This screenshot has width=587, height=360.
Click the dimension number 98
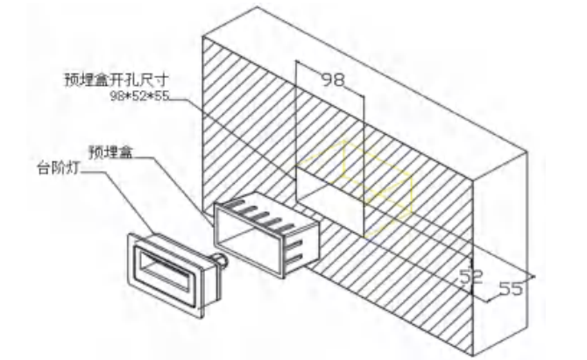[333, 80]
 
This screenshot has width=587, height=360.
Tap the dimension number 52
[471, 277]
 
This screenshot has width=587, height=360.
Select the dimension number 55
[511, 288]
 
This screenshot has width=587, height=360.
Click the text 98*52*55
[139, 96]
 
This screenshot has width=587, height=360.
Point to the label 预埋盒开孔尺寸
[117, 80]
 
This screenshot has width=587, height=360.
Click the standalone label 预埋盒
[110, 152]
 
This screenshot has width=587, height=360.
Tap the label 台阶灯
[58, 168]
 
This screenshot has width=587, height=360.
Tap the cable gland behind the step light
[221, 260]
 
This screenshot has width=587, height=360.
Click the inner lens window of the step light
[166, 271]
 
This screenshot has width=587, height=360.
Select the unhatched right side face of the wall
[499, 255]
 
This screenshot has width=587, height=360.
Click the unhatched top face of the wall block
[365, 94]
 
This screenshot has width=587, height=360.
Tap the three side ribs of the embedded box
[296, 250]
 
